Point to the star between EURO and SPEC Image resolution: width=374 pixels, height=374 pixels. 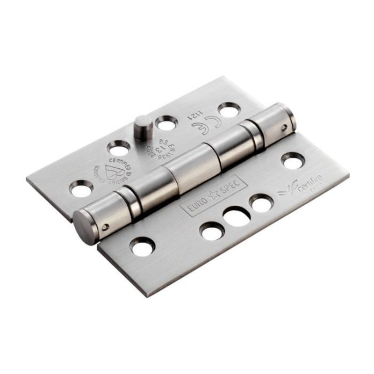(x=213, y=194)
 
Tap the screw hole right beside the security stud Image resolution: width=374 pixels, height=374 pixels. (x=165, y=124)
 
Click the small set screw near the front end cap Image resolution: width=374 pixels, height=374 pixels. (x=106, y=228)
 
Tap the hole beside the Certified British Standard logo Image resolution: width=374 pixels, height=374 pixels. (x=117, y=149)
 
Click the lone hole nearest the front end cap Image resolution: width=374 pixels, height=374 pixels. (x=143, y=246)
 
